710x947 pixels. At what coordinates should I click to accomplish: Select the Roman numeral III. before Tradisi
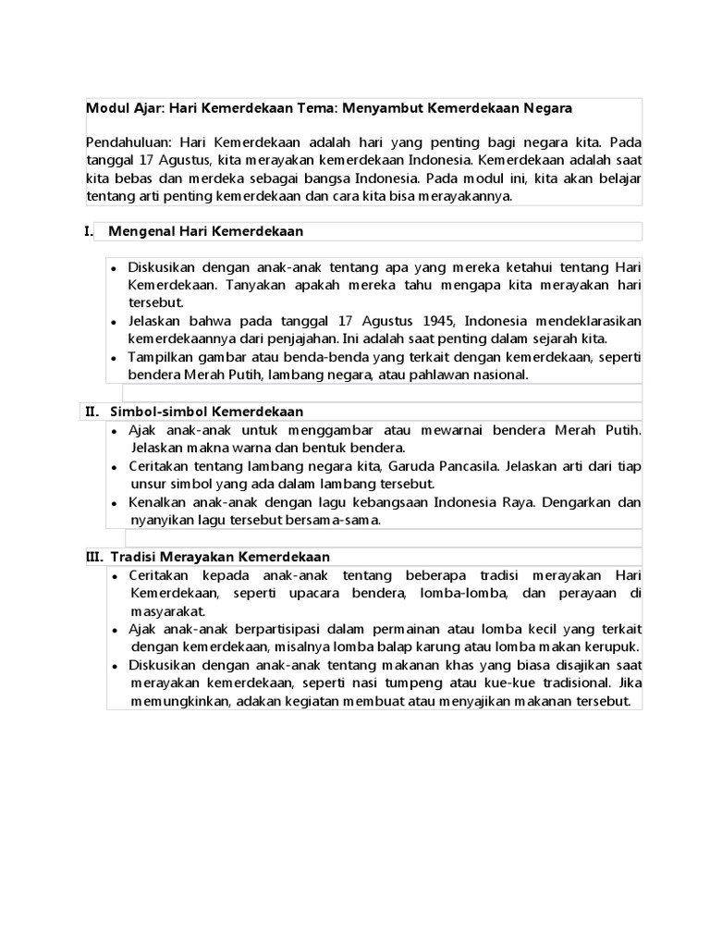click(94, 557)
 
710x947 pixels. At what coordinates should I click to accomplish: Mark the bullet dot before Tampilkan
click(113, 358)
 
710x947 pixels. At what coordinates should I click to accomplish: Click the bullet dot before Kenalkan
click(113, 504)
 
